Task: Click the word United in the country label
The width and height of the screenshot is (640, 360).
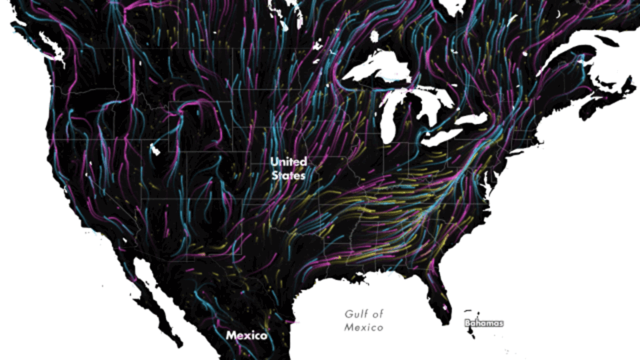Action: [288, 162]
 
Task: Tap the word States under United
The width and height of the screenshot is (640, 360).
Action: [288, 175]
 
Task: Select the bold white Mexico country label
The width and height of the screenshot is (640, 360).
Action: [246, 335]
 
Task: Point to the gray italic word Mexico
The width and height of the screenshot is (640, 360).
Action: [363, 327]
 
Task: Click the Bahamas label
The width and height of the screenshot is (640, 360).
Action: [483, 323]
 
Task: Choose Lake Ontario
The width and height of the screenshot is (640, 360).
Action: [472, 119]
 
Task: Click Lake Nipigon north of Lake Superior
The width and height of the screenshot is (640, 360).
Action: [374, 36]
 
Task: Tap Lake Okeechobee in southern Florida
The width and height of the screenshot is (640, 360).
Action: [446, 305]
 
